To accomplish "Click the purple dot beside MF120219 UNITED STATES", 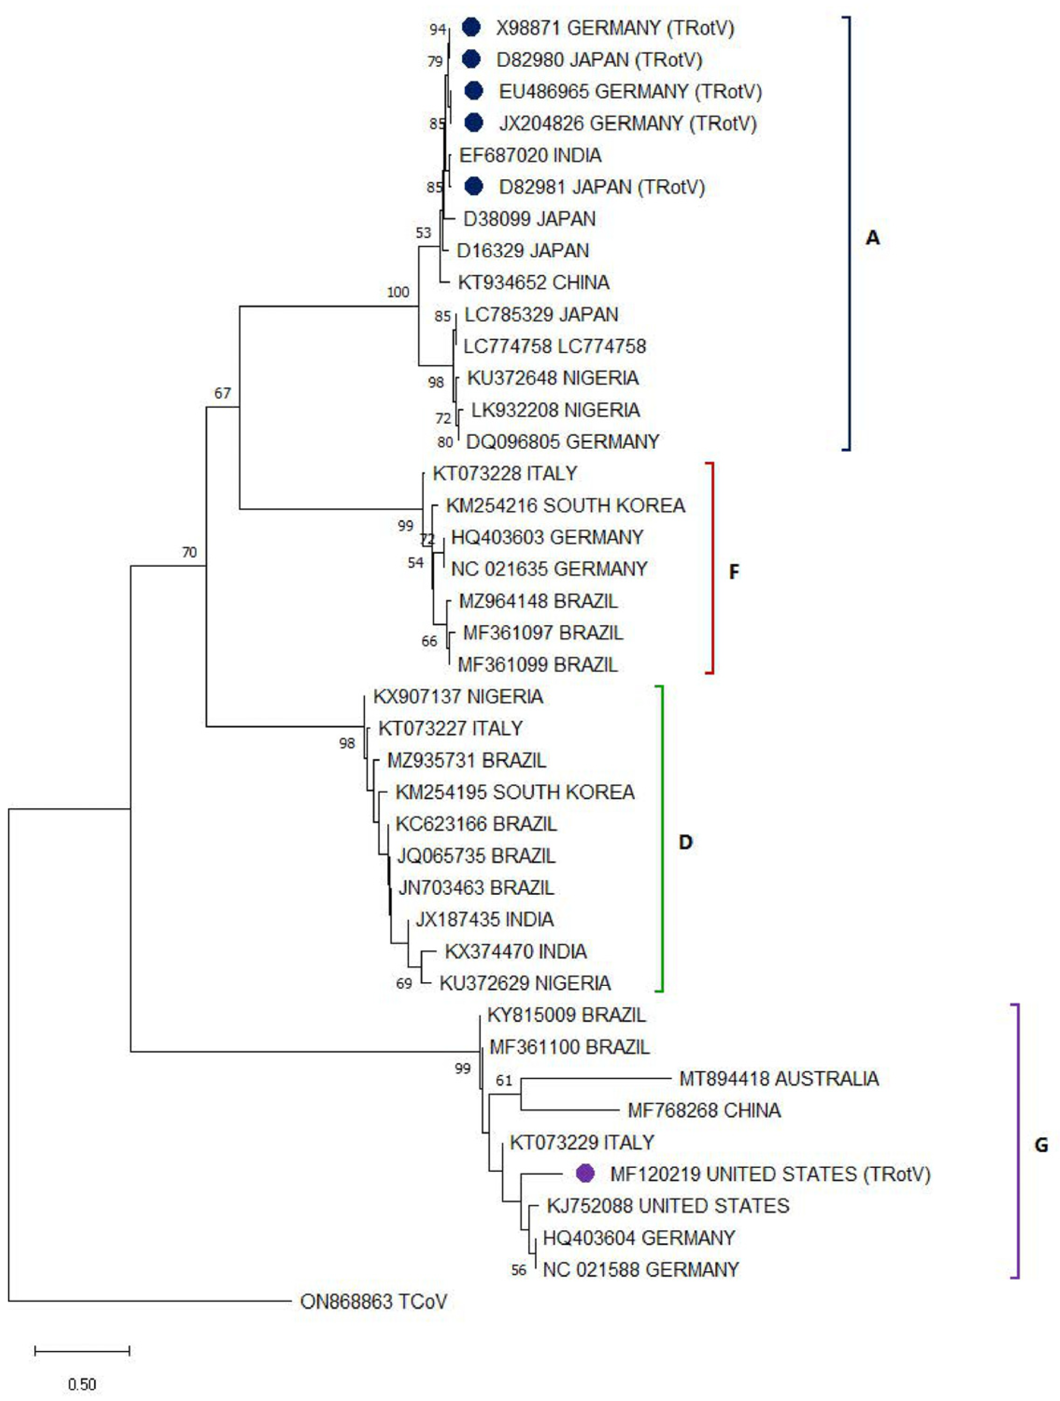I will tap(585, 1173).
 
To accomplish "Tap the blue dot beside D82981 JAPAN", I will tap(473, 186).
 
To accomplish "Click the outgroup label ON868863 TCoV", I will tap(373, 1301).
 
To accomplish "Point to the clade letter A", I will tap(873, 238).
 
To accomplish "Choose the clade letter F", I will tap(734, 572).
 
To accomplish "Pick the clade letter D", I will tap(685, 842).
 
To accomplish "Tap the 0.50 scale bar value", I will tap(82, 1384).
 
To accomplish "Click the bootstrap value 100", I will tap(398, 292).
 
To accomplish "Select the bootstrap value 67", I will tap(222, 393).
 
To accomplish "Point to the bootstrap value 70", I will tap(189, 552).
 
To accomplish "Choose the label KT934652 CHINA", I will tap(533, 282).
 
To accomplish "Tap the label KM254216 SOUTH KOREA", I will tap(565, 505).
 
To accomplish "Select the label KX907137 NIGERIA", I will tap(458, 696).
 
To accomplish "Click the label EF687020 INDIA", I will tap(530, 155).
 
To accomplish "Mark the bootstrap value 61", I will tap(504, 1080).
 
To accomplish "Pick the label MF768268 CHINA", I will tap(704, 1110).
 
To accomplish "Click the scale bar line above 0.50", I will tap(82, 1351).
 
